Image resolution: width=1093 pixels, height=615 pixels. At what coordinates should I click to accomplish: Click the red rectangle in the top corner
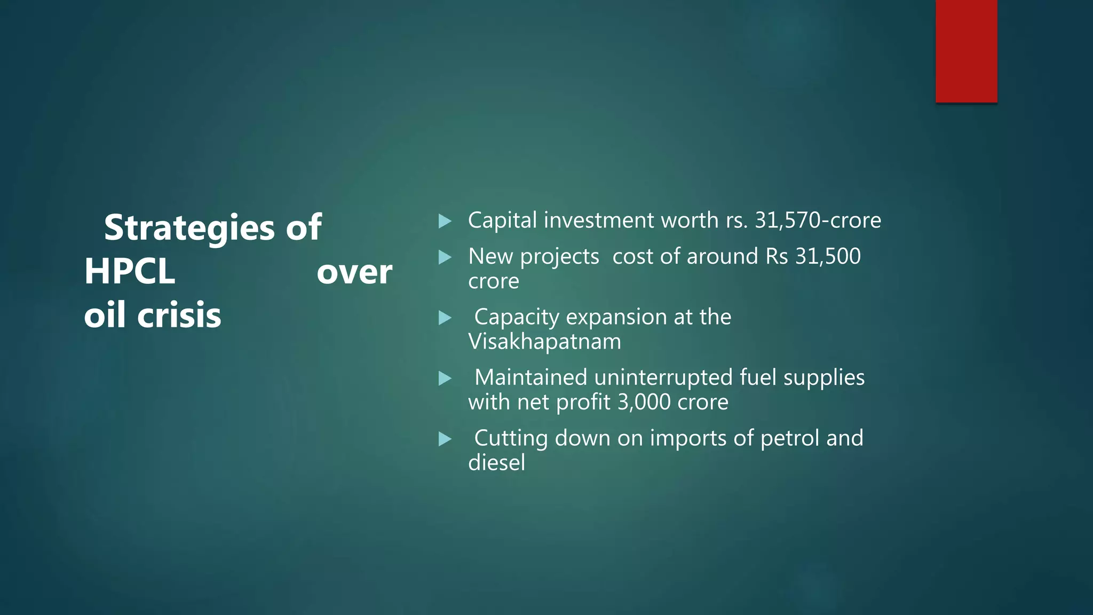[x=966, y=51]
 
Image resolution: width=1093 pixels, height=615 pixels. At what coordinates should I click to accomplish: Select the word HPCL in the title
[x=130, y=271]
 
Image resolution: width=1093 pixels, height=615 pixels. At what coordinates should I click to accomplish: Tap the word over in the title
[x=354, y=272]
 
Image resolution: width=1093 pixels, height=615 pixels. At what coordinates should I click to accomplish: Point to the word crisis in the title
[x=179, y=315]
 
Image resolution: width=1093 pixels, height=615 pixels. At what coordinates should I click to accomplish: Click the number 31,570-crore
[x=818, y=220]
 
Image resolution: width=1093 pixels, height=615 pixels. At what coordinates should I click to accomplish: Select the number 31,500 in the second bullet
[x=828, y=256]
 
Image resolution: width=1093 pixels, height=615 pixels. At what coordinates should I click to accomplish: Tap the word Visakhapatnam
[x=544, y=342]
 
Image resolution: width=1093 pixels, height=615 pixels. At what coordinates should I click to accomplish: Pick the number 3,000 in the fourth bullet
[x=644, y=402]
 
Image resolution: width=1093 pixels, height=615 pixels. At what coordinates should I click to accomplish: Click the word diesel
[x=496, y=463]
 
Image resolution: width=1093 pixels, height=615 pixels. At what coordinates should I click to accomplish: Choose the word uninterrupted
[x=663, y=377]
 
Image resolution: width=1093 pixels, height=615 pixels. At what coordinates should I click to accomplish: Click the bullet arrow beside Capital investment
[x=445, y=221]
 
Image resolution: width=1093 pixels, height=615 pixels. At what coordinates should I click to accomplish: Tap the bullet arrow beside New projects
[x=445, y=258]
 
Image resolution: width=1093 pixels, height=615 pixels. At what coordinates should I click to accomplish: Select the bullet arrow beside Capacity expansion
[x=445, y=318]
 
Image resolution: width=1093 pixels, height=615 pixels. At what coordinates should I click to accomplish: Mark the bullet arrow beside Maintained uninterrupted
[x=445, y=379]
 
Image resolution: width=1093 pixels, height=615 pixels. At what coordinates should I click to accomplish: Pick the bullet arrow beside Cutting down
[x=445, y=439]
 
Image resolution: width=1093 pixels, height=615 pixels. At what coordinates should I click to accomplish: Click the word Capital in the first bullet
[x=502, y=220]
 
